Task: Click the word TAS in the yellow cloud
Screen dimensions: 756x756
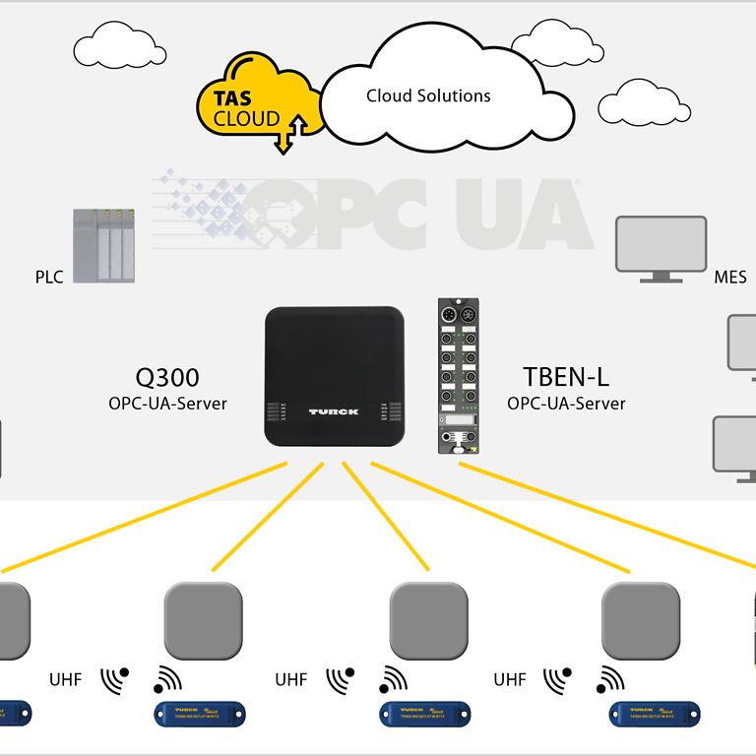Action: [x=234, y=98]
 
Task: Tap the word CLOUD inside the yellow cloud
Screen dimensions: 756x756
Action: [x=246, y=119]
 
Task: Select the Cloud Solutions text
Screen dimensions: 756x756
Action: [x=428, y=95]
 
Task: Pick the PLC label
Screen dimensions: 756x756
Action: [x=49, y=277]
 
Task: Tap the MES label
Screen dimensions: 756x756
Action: [x=730, y=278]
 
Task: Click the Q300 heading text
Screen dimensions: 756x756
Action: [x=166, y=377]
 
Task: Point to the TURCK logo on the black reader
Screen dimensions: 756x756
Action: [x=334, y=411]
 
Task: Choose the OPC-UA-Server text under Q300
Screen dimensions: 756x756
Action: [x=167, y=403]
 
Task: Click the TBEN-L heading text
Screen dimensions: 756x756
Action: [x=566, y=377]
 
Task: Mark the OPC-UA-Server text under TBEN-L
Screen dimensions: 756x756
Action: [x=566, y=403]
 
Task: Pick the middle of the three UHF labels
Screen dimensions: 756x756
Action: [x=291, y=679]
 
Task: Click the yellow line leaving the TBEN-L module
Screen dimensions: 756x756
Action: [x=610, y=517]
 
